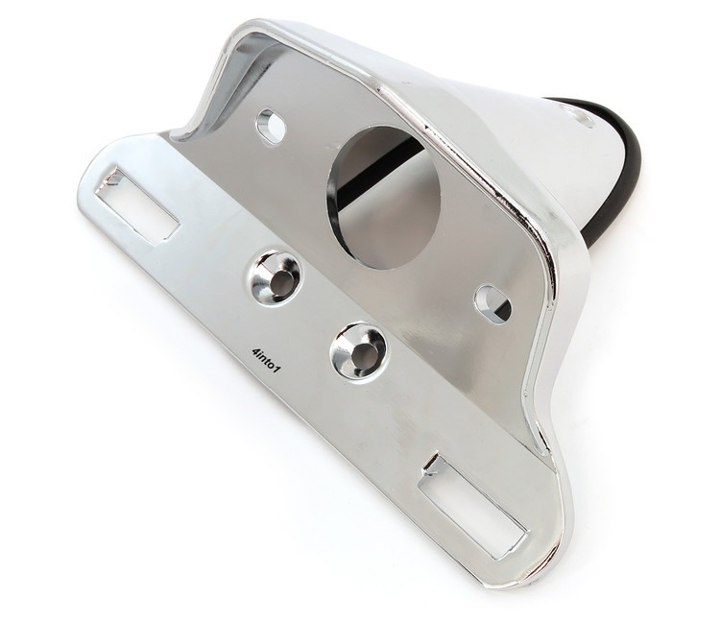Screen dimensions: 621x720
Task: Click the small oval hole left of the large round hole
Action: tap(272, 125)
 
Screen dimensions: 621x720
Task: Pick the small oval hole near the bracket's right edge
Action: tap(492, 302)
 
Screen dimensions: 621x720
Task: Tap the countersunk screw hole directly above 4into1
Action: tap(277, 277)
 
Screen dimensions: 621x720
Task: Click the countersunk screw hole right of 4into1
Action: tap(358, 350)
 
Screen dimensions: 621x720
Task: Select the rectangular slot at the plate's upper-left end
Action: tap(140, 203)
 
